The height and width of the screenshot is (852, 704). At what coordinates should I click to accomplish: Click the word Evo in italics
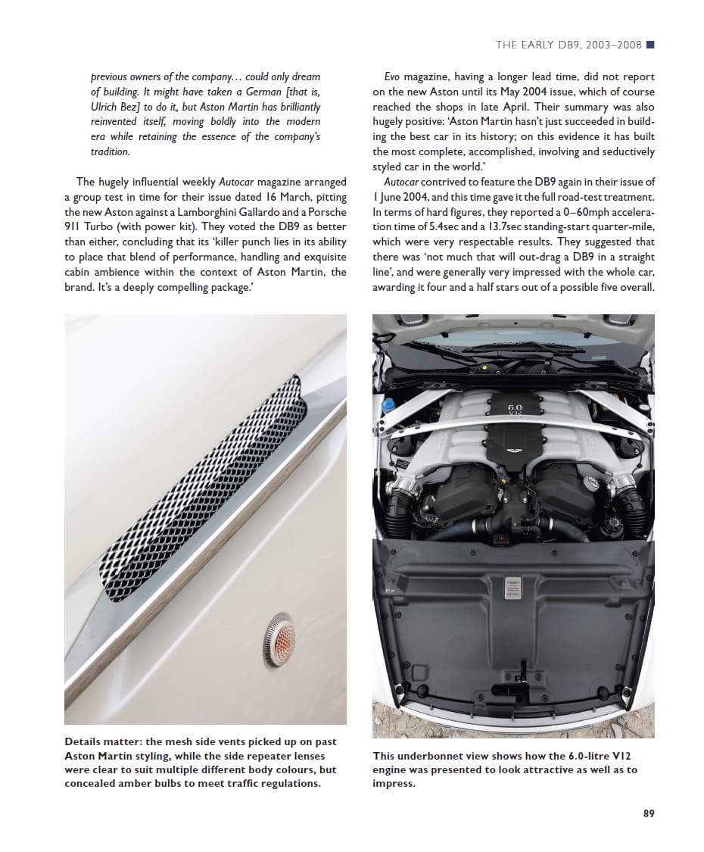click(392, 76)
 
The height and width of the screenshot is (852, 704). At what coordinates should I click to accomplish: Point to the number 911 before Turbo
click(74, 227)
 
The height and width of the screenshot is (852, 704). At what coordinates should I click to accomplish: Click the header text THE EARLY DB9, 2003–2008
click(568, 45)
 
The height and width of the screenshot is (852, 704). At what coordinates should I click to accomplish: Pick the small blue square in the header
click(650, 45)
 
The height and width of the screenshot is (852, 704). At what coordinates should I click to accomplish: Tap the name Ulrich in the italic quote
click(107, 107)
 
